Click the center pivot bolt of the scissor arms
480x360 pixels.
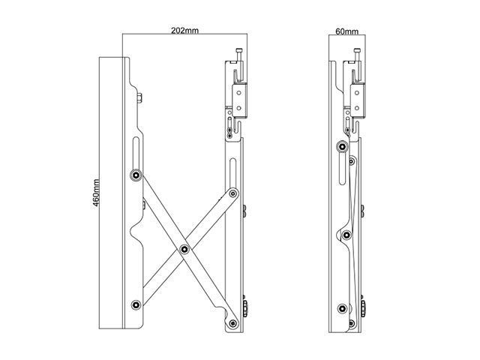point(182,247)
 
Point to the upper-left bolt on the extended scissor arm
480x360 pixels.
point(135,175)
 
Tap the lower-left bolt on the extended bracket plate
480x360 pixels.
point(135,305)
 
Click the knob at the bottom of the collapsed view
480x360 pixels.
point(364,307)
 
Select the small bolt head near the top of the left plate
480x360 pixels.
point(139,97)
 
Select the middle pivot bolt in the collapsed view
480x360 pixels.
point(346,235)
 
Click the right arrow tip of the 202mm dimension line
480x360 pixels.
point(245,34)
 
